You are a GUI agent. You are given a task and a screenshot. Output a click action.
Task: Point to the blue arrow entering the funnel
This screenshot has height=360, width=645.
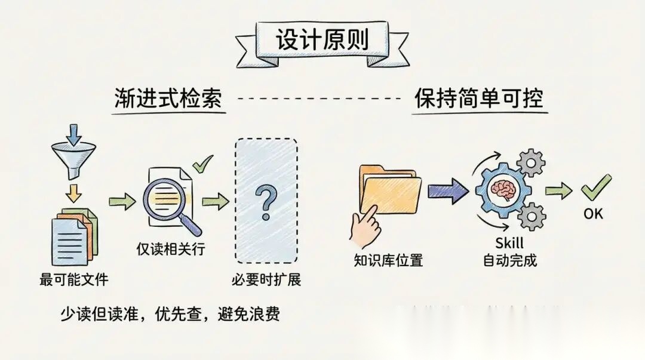74,135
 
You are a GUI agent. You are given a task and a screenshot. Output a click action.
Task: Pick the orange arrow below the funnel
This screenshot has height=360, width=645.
74,193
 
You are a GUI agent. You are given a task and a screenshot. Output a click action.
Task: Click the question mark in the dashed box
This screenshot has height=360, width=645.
265,201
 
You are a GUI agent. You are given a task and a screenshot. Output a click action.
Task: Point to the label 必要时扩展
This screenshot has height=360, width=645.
266,279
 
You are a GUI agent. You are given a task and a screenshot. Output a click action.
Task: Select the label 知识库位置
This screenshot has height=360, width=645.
388,261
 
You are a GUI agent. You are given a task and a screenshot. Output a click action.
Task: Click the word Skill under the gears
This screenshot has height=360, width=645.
509,243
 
